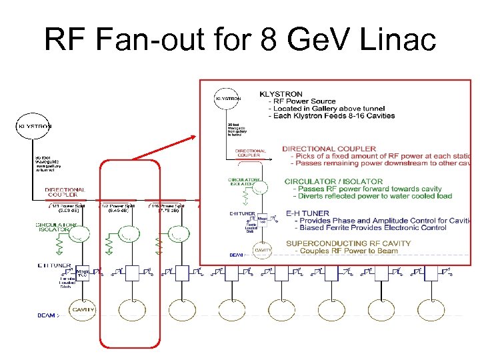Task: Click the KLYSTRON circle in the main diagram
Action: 34,126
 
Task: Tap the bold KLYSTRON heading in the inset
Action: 281,95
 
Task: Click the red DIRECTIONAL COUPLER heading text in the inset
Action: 329,149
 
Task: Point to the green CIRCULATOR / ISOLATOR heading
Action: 333,181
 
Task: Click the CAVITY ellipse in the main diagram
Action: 82,310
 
